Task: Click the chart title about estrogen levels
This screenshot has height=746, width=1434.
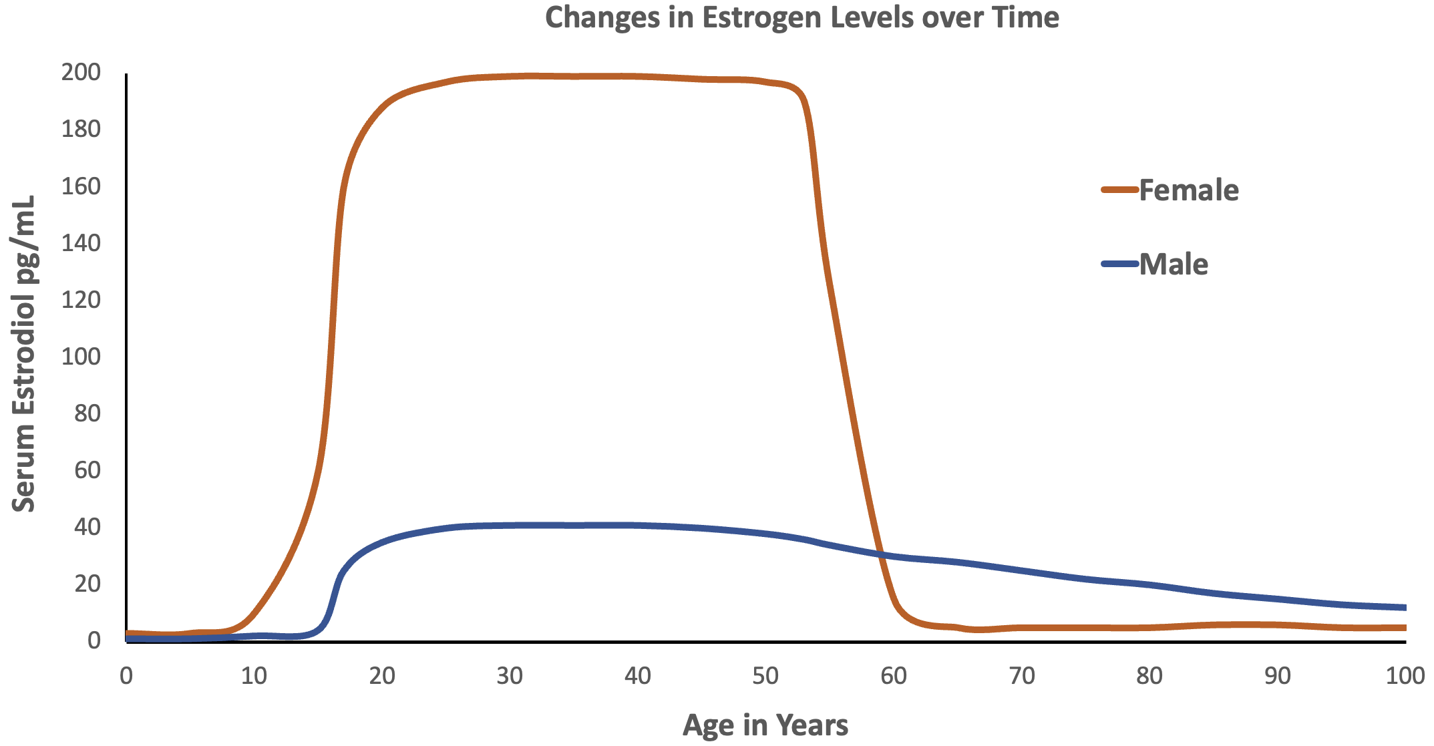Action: [x=801, y=18]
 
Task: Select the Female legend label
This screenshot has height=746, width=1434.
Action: [x=1188, y=190]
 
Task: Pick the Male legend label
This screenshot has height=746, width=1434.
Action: [x=1173, y=264]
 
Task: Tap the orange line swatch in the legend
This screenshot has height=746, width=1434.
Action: [x=1119, y=190]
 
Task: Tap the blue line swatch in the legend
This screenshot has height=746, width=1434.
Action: [x=1119, y=264]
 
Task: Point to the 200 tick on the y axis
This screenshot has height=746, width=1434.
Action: [x=81, y=72]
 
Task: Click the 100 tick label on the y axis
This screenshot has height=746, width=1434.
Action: [x=81, y=357]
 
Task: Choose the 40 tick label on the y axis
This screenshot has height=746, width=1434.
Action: [x=87, y=527]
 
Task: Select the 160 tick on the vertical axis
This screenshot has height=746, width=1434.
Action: [x=81, y=186]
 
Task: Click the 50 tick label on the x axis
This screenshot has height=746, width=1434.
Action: [x=765, y=676]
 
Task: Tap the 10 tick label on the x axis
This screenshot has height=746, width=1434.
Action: [x=254, y=676]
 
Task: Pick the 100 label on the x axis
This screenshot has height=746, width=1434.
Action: [x=1405, y=676]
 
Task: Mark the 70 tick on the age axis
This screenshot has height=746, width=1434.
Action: [x=1021, y=676]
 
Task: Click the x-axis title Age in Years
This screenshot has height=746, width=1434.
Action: [x=765, y=725]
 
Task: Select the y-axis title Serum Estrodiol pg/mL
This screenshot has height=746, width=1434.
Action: [x=24, y=354]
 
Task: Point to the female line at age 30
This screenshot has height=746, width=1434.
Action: [x=510, y=76]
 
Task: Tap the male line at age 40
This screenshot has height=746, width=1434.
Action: [x=637, y=525]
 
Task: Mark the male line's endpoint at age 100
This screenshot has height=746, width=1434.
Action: [x=1405, y=607]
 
